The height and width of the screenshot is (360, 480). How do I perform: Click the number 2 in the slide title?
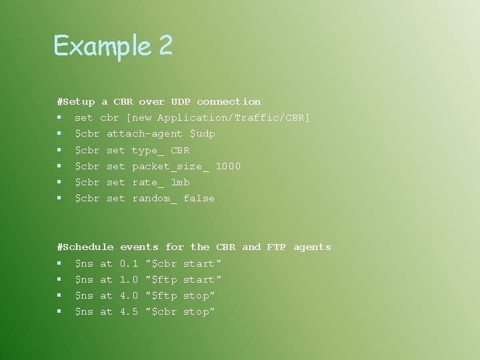[166, 45]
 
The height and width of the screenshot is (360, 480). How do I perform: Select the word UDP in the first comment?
[180, 101]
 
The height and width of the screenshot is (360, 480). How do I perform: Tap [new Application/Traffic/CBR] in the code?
[218, 118]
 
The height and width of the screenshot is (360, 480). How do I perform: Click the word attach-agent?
[144, 134]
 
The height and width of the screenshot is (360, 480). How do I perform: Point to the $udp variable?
[203, 134]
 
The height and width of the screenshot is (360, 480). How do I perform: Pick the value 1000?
[228, 166]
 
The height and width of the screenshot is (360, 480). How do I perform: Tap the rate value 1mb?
[180, 182]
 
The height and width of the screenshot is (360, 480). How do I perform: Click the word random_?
[155, 198]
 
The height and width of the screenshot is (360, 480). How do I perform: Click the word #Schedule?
[85, 247]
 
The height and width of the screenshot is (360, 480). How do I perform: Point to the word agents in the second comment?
[312, 247]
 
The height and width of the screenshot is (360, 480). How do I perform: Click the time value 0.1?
[129, 263]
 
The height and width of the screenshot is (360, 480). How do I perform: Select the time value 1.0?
[129, 279]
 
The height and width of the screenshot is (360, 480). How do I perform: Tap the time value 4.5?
[129, 311]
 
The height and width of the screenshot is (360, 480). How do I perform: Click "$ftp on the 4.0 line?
[161, 295]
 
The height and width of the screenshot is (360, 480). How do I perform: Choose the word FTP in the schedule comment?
[276, 247]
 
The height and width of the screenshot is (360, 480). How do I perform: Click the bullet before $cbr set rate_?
[59, 182]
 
